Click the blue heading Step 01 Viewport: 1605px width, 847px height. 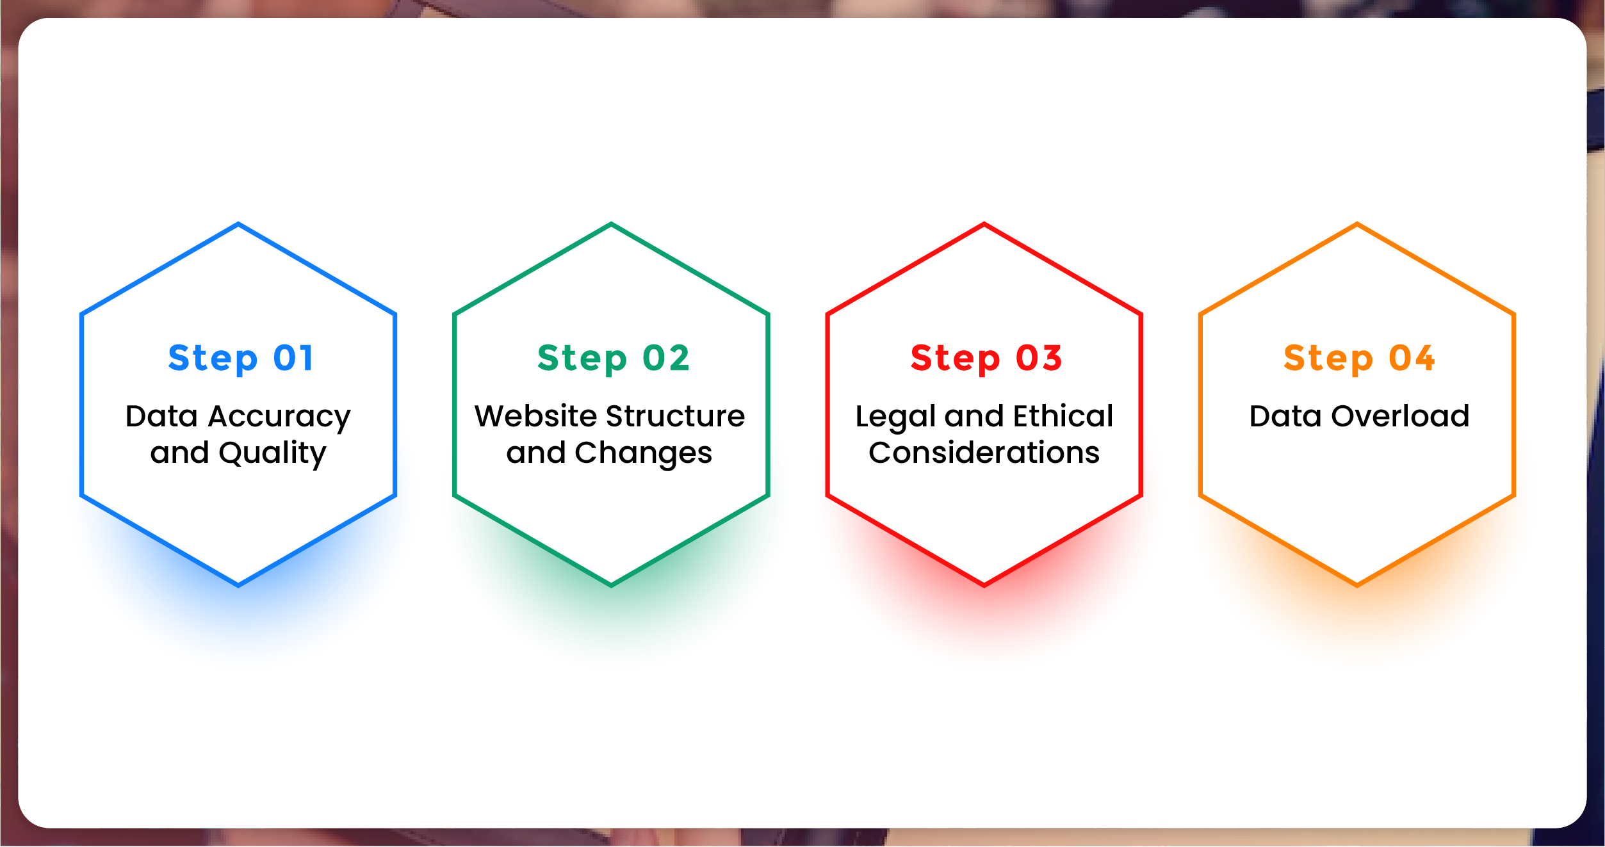coord(241,359)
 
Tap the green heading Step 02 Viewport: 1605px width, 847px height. coord(614,359)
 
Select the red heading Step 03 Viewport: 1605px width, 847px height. coord(986,359)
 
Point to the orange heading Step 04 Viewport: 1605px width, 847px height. coord(1359,359)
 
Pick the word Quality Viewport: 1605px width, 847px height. coord(272,454)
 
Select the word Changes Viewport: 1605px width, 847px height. coord(643,454)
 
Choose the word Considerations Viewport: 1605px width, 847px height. coord(984,453)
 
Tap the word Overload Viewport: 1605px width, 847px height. coord(1400,416)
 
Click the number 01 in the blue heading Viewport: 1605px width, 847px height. coord(294,357)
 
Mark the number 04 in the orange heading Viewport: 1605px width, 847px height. coord(1412,357)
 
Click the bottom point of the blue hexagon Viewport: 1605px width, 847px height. coord(238,585)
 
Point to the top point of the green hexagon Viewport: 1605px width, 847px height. coord(612,223)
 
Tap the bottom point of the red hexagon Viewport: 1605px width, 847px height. coord(984,585)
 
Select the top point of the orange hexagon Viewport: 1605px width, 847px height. coord(1357,223)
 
